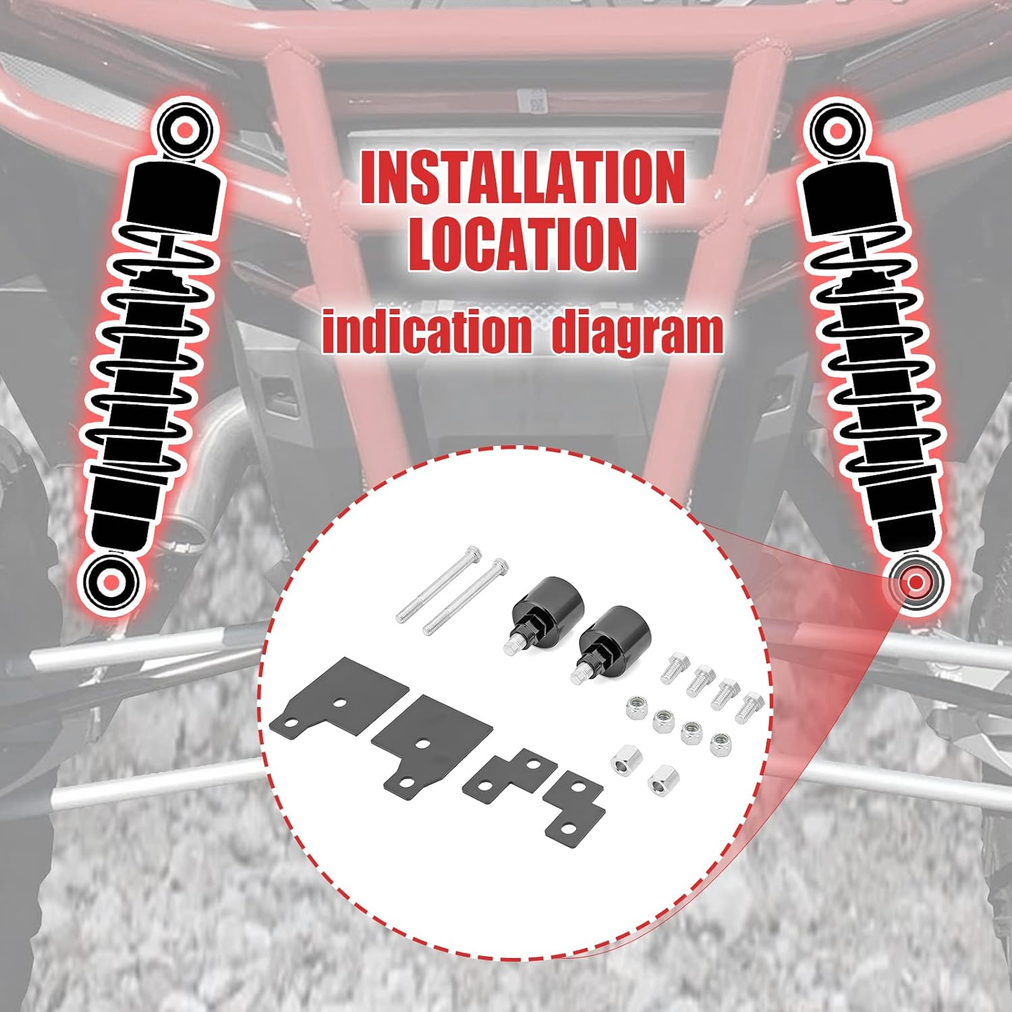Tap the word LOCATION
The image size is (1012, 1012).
pos(523,244)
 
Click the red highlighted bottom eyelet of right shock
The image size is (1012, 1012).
pos(916,582)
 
